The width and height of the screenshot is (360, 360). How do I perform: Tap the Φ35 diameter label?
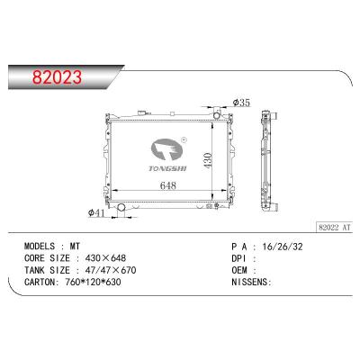point(240,103)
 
